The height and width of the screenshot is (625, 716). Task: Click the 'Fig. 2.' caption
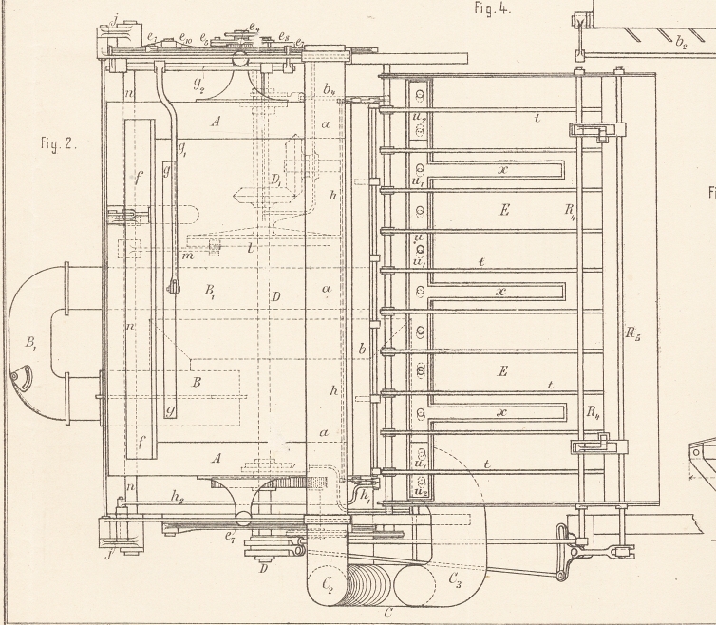click(58, 146)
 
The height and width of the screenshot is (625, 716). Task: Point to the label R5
click(631, 334)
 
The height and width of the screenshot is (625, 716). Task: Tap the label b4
click(329, 90)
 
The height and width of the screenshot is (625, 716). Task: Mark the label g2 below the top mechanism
click(200, 84)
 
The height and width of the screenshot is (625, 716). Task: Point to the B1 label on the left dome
click(28, 339)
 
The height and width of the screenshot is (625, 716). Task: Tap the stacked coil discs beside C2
click(371, 584)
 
